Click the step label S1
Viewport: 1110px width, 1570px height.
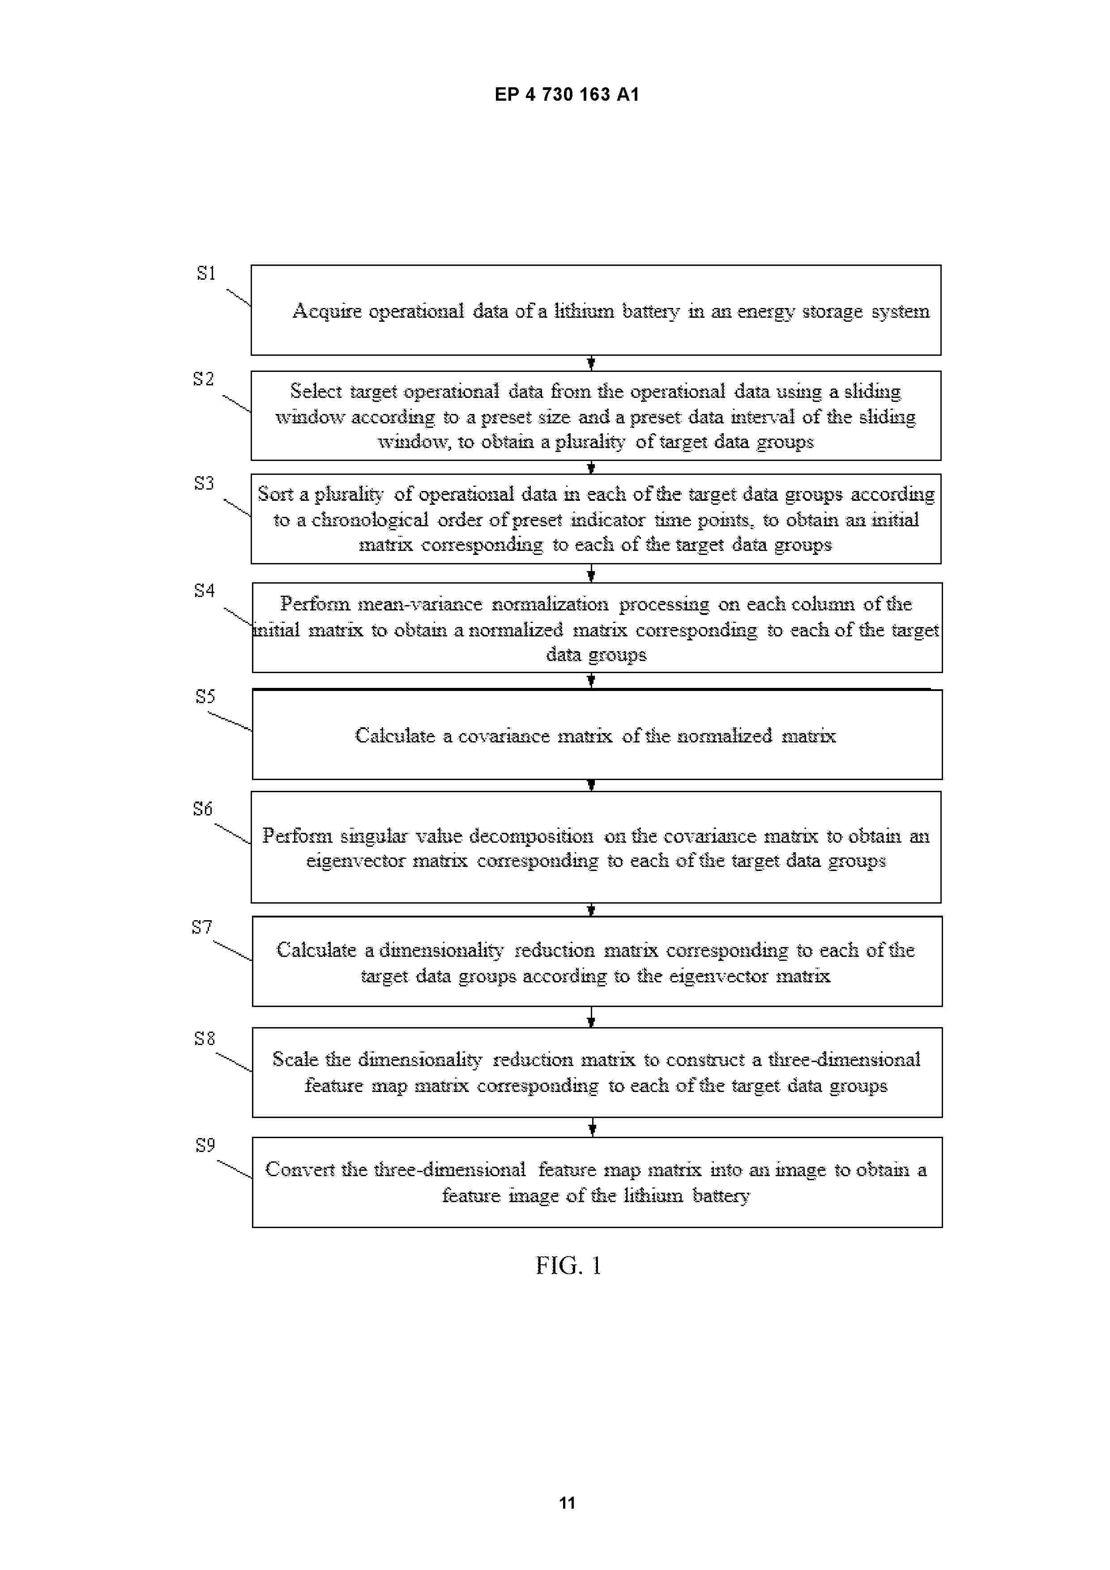[206, 273]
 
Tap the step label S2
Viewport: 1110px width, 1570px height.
[203, 379]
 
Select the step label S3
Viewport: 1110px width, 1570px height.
[204, 483]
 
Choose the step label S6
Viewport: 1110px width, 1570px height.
[202, 809]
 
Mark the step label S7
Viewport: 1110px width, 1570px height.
[202, 927]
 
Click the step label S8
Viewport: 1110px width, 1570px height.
[204, 1039]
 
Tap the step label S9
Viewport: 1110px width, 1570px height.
[205, 1145]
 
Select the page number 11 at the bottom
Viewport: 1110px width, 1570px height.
[567, 1502]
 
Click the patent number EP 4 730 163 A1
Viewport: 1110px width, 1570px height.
[567, 94]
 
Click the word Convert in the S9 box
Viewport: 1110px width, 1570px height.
[299, 1169]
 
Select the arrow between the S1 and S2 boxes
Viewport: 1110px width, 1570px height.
[591, 363]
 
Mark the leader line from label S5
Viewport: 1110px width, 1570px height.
[230, 721]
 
